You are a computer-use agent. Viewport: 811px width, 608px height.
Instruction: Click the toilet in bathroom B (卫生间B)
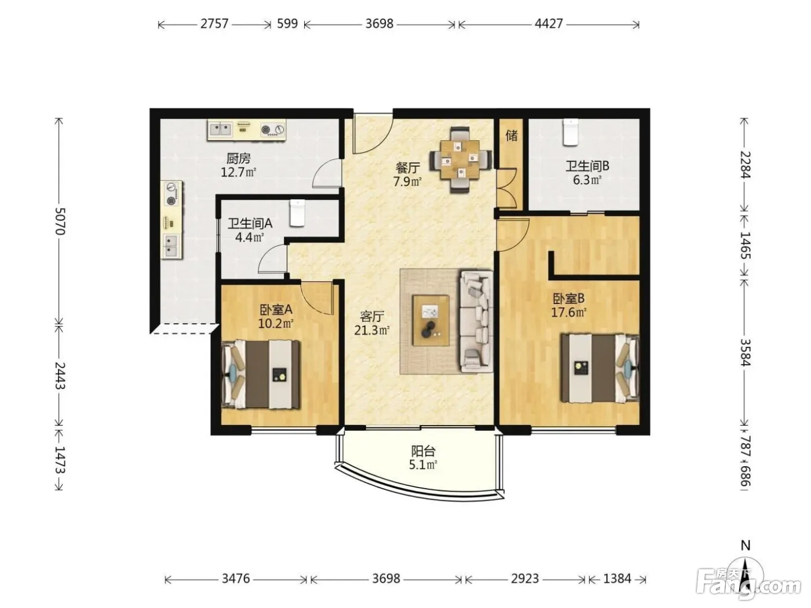[x=571, y=133]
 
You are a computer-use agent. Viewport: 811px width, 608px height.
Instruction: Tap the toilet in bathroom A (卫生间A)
[x=297, y=213]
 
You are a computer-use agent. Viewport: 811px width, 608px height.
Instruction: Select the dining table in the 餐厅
[x=461, y=159]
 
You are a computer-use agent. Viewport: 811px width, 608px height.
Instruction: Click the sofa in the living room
[x=476, y=321]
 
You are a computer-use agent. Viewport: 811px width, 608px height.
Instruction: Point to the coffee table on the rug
[x=431, y=320]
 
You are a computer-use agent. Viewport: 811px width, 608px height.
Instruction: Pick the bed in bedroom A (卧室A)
[x=261, y=375]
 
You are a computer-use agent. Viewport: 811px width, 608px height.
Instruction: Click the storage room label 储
[x=512, y=135]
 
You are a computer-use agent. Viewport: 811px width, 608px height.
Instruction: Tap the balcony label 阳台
[x=423, y=451]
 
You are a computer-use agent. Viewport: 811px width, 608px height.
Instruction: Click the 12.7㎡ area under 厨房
[x=238, y=172]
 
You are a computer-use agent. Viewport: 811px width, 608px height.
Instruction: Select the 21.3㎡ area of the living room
[x=372, y=330]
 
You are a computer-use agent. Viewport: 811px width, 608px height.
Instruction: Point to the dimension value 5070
[x=60, y=221]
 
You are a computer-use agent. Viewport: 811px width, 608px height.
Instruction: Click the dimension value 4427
[x=549, y=24]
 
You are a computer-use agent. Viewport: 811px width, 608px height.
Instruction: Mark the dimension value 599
[x=287, y=24]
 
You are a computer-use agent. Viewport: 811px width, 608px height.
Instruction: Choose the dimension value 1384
[x=618, y=578]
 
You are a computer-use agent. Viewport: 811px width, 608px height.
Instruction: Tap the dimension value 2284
[x=745, y=164]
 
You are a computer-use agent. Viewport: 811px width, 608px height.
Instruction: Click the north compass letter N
[x=746, y=545]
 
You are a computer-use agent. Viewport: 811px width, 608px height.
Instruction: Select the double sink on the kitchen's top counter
[x=221, y=130]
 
